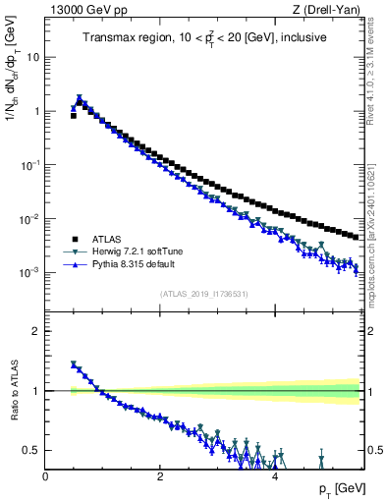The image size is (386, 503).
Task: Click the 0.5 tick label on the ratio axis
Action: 29,451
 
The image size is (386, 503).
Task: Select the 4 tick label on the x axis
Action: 275,476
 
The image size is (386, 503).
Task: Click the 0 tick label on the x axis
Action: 46,476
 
